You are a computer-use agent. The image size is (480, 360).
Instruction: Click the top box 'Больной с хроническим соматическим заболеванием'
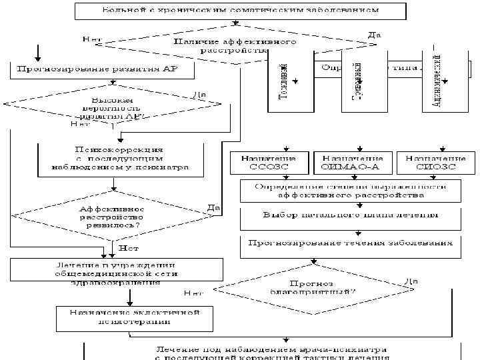tap(240, 11)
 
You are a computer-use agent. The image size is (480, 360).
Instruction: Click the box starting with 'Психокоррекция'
tap(120, 159)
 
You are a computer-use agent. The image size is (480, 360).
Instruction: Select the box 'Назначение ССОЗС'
tap(271, 163)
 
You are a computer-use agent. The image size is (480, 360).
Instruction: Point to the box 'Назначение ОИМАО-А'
tap(354, 163)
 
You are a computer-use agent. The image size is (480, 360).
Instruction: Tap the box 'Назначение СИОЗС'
tap(435, 163)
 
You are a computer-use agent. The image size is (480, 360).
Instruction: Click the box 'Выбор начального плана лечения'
tap(351, 215)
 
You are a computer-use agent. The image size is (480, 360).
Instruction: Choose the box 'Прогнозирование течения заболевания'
tap(351, 243)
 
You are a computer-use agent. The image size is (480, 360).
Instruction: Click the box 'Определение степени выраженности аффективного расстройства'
tap(351, 191)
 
